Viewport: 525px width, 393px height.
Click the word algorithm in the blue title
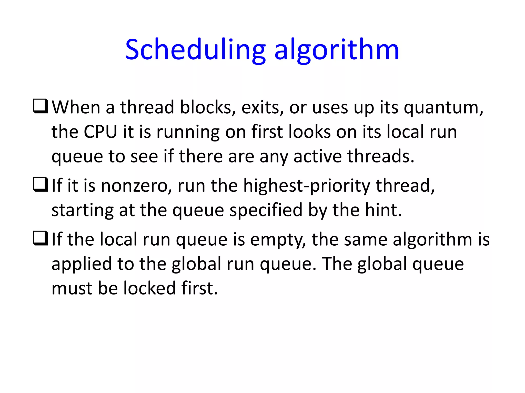coord(337,50)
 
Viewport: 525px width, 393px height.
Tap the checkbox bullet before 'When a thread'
coord(41,106)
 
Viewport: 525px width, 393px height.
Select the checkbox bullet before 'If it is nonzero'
coord(41,185)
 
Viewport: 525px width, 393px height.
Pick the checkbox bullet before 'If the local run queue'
coord(41,238)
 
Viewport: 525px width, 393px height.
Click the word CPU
coord(100,132)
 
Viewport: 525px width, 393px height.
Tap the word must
coord(72,288)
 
